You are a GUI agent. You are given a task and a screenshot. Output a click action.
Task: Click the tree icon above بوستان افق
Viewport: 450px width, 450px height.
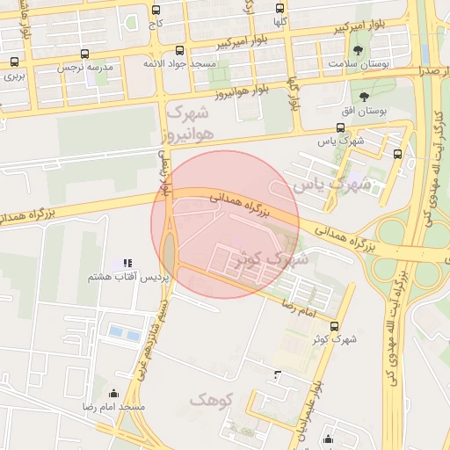(364, 96)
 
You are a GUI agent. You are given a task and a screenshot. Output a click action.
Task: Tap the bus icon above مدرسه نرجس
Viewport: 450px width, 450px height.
(84, 54)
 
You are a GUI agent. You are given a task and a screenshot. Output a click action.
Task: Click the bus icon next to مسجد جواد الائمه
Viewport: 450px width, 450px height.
(180, 51)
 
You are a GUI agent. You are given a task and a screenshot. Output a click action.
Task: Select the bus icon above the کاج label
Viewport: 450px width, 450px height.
(156, 11)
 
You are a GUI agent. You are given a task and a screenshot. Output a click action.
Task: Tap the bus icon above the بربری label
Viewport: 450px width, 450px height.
(14, 62)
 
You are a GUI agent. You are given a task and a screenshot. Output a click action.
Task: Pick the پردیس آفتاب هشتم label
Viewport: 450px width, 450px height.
(111, 278)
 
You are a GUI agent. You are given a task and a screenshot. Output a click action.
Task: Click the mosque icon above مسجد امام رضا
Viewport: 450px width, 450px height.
(112, 393)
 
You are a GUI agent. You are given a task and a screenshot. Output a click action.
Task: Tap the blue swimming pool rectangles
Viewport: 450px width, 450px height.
(124, 334)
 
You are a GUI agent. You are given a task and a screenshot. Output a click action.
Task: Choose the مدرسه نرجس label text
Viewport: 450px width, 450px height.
(80, 67)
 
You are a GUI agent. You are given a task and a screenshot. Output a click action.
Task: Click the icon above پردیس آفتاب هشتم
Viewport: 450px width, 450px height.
(127, 262)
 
